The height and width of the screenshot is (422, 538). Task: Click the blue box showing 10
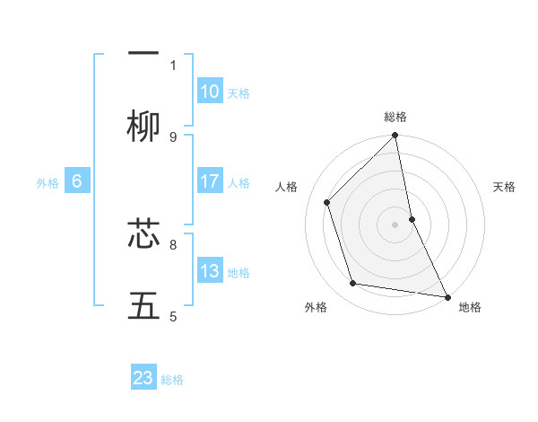[210, 92]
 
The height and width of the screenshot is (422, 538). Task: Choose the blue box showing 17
[210, 181]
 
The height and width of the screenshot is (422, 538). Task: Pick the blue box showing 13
[210, 271]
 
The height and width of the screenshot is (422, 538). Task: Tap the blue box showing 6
[77, 181]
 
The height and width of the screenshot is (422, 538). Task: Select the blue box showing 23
[143, 378]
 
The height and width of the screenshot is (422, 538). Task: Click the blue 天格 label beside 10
[239, 92]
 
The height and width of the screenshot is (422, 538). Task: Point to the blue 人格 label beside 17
[239, 182]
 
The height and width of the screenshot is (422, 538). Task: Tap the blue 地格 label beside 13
[239, 272]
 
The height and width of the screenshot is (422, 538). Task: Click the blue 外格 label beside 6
[48, 182]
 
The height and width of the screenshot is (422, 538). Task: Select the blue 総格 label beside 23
[172, 379]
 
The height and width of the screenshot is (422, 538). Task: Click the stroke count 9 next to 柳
[173, 136]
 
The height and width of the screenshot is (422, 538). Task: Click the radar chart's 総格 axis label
[395, 117]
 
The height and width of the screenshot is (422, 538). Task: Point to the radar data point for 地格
[447, 296]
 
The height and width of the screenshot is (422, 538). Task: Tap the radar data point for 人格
[327, 202]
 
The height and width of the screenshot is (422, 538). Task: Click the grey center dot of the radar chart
[395, 224]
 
